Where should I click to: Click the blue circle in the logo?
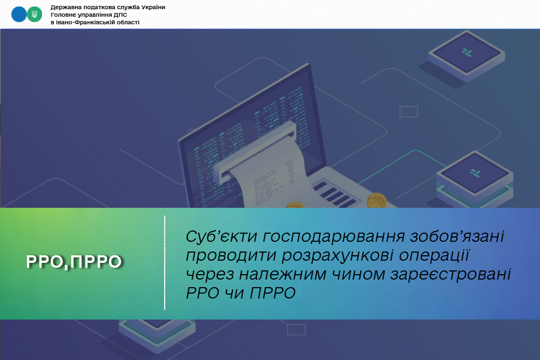19,15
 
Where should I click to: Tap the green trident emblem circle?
35,15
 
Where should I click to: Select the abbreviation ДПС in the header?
119,15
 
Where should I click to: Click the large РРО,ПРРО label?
74,261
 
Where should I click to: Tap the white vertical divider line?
165,263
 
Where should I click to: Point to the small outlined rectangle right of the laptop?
408,112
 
